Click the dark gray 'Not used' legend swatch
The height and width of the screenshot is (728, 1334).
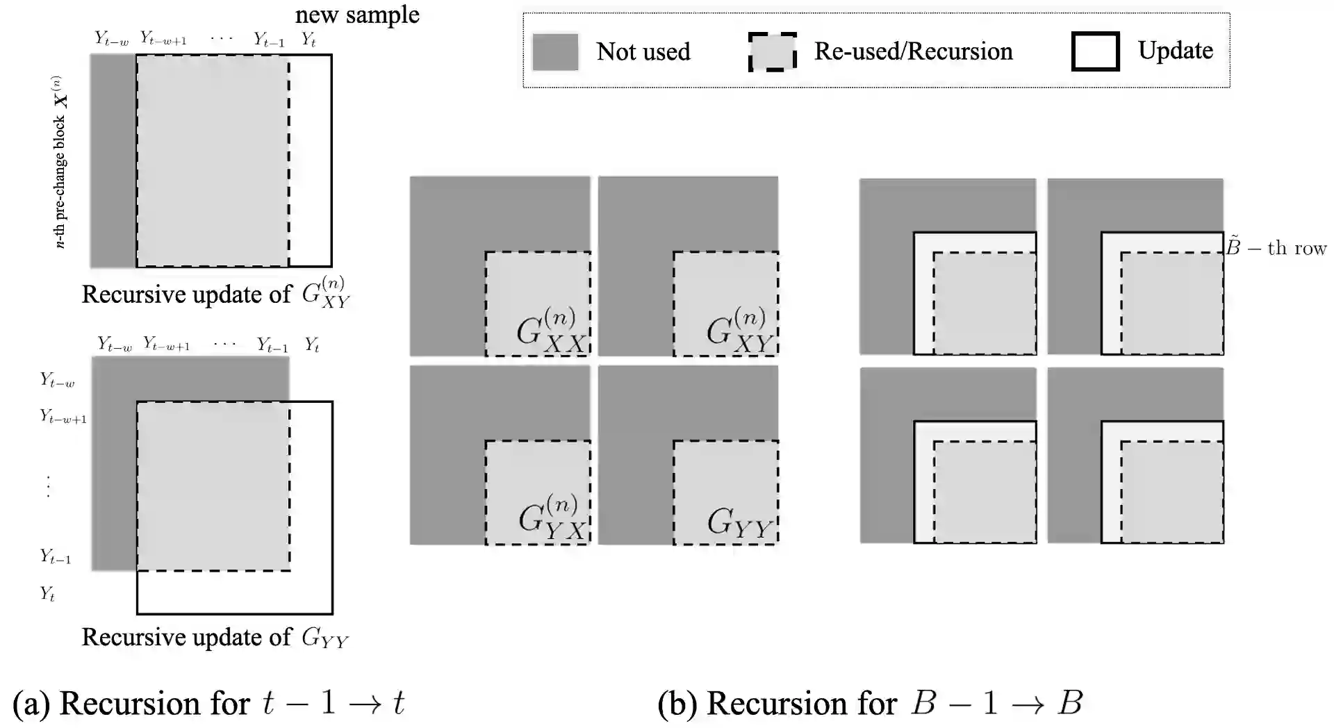point(554,52)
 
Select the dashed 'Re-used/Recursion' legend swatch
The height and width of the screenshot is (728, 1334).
point(772,52)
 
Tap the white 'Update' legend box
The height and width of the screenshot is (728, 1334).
point(1095,51)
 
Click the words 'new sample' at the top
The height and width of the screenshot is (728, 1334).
point(357,15)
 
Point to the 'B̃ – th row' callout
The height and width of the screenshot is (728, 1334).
point(1276,248)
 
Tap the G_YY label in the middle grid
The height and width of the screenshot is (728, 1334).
point(739,522)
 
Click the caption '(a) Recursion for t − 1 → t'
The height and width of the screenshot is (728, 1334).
point(208,703)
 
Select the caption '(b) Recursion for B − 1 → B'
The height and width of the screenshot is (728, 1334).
point(870,703)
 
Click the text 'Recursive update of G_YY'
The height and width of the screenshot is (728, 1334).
point(215,638)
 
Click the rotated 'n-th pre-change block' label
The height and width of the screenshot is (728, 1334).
point(60,162)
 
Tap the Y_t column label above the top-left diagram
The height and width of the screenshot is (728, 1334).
point(309,40)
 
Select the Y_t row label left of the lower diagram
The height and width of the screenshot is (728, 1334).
point(47,594)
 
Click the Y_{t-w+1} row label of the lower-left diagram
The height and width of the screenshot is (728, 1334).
point(63,417)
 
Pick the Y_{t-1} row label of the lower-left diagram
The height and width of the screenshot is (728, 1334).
point(56,556)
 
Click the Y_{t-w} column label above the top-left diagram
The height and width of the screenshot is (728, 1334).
point(112,39)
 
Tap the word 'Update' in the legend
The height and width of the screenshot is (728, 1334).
point(1175,51)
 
